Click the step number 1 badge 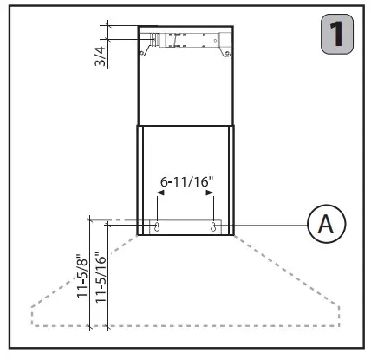coord(338,36)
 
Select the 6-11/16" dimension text coord(185,183)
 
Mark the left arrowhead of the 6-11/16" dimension coord(159,197)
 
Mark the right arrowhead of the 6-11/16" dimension coord(212,197)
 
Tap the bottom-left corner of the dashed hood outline coord(31,326)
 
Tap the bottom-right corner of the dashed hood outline coord(340,326)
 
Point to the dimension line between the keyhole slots coord(185,197)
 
